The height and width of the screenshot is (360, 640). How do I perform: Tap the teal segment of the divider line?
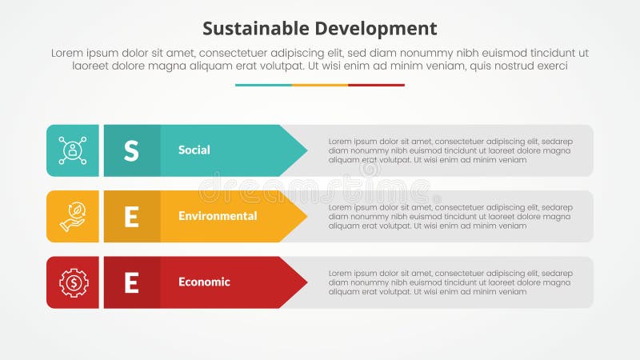(263, 85)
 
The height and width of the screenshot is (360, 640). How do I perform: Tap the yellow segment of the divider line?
(320, 85)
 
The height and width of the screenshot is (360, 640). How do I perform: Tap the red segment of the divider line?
(376, 85)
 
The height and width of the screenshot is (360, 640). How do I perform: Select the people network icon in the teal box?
(73, 150)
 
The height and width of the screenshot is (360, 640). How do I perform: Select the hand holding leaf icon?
(73, 216)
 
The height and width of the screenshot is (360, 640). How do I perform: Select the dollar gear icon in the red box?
(73, 282)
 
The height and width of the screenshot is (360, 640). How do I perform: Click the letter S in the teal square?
(131, 150)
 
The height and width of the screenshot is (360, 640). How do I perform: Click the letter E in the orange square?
(131, 216)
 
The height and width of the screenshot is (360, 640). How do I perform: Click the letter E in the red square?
(131, 282)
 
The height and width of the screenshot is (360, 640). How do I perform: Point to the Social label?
(194, 150)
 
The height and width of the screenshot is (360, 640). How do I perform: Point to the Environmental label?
(218, 216)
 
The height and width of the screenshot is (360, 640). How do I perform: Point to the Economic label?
(204, 282)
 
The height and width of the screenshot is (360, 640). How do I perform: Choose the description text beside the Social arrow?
(450, 150)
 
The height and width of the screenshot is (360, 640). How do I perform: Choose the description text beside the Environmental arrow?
(450, 216)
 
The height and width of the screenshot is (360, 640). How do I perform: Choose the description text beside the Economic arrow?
(450, 282)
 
